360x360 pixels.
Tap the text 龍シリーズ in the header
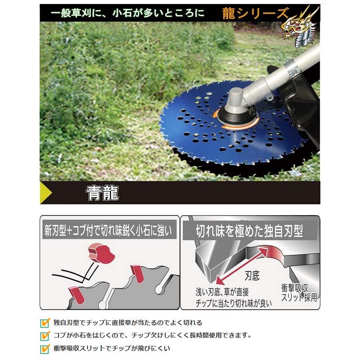(x=255, y=14)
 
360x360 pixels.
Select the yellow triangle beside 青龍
(x=45, y=193)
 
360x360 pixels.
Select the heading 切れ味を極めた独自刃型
(x=249, y=232)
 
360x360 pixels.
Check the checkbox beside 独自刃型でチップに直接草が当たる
(x=45, y=323)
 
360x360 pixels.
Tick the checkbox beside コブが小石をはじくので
(x=45, y=335)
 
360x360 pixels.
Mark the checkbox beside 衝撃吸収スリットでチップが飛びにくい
(x=45, y=348)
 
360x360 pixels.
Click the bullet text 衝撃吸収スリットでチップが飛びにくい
(x=112, y=348)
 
